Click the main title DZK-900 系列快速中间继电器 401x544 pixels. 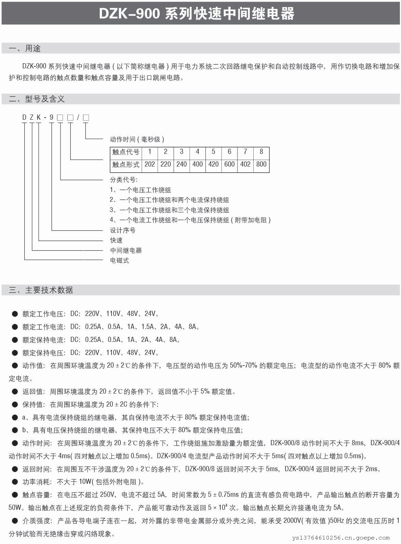point(197,14)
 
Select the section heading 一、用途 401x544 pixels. point(25,49)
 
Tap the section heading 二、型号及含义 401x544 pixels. point(37,99)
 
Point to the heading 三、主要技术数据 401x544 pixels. point(41,290)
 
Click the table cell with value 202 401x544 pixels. point(150,164)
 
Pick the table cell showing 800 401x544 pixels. point(261,164)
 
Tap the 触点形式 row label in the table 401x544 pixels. point(126,164)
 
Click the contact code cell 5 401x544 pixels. point(213,152)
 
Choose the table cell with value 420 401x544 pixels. point(213,164)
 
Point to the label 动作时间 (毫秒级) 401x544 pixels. point(137,140)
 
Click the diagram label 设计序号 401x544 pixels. point(123,230)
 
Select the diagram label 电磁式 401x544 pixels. point(119,261)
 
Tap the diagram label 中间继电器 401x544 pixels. point(126,251)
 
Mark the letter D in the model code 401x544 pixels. point(24,118)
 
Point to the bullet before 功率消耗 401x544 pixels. point(15,482)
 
